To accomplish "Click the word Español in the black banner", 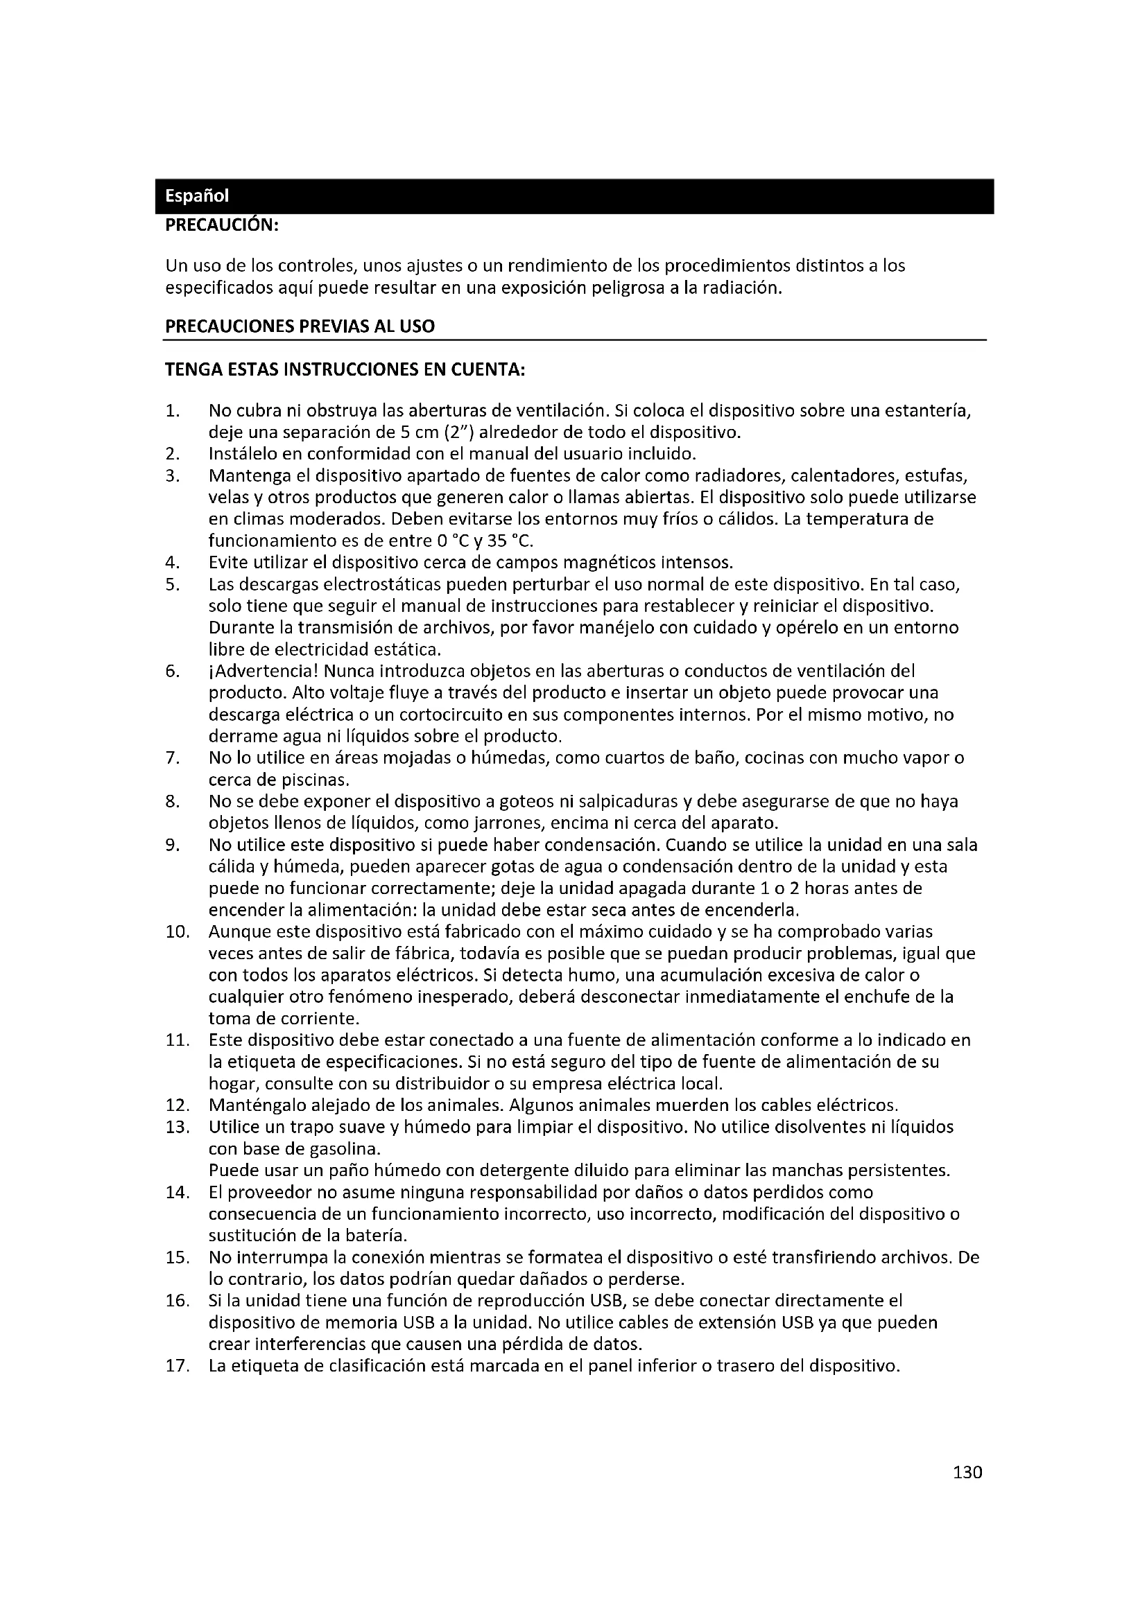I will click(196, 196).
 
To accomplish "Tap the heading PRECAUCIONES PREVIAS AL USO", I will click(300, 326).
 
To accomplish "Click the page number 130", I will click(967, 1472).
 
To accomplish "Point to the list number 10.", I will click(178, 932).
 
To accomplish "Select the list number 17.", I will click(178, 1365).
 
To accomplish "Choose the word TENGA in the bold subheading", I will click(190, 370).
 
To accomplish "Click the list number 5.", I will click(173, 585).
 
